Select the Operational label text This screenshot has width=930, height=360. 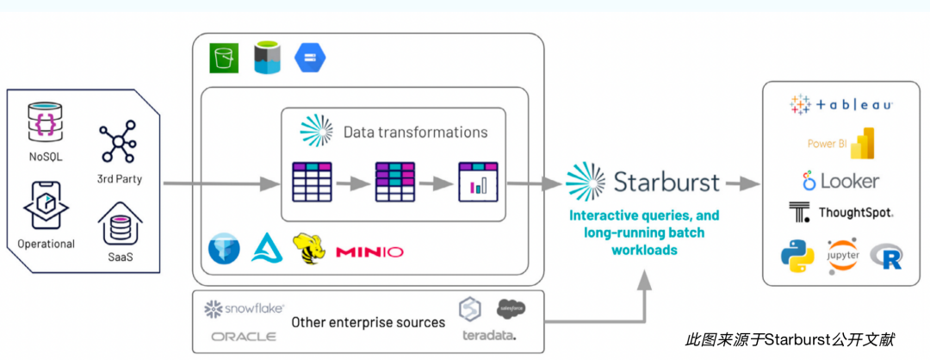pos(46,244)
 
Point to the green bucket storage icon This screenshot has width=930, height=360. pos(225,58)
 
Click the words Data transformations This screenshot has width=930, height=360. pos(415,132)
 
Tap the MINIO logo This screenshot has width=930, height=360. pos(369,251)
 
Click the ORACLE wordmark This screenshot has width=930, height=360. pos(244,336)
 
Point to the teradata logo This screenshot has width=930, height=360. pos(488,335)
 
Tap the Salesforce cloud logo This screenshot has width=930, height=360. pos(511,308)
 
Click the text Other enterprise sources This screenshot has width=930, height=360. pos(368,322)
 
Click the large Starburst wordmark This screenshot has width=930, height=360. pos(666,182)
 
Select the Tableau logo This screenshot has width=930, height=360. pos(840,105)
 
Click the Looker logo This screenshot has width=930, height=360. pos(840,182)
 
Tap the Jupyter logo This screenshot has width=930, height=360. pos(843,256)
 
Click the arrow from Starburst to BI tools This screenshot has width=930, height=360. pos(742,183)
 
